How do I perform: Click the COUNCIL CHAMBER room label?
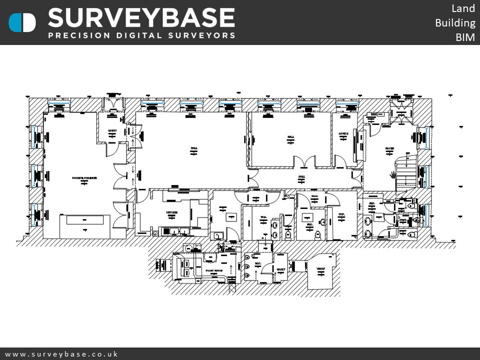point(84,178)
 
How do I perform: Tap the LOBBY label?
point(112,131)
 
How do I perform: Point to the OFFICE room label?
point(343,134)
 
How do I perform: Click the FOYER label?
point(389,148)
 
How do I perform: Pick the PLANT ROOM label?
point(214,270)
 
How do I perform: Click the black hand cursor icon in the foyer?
point(393,175)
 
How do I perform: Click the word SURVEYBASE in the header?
point(141,19)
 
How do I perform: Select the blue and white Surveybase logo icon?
point(22,22)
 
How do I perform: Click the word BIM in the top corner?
point(465,37)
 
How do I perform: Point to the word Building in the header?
point(454,23)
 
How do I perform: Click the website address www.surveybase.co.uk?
point(61,354)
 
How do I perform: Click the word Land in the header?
point(463,8)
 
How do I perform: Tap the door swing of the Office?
point(340,161)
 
